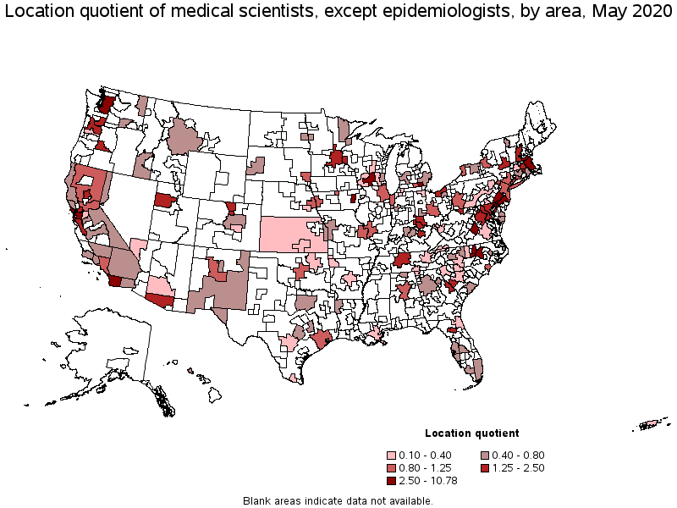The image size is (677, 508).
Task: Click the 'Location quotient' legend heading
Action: click(472, 433)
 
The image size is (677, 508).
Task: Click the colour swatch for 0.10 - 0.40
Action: click(392, 453)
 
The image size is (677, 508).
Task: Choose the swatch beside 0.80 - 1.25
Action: click(392, 467)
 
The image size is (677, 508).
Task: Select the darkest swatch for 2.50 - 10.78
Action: click(392, 480)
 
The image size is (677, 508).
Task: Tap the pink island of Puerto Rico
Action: click(652, 423)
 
